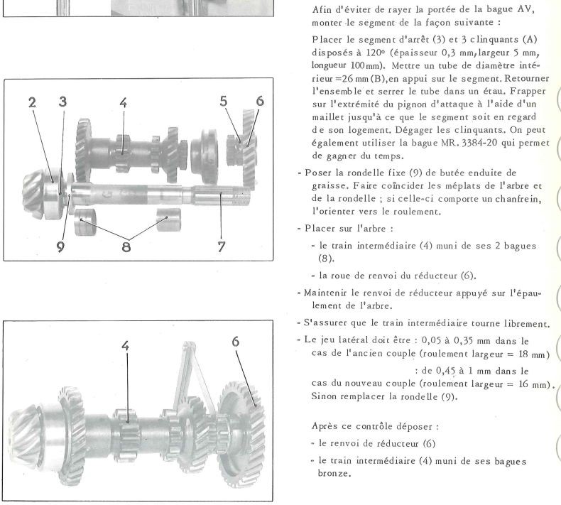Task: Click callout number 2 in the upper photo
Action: tap(32, 102)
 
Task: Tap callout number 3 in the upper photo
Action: tap(63, 102)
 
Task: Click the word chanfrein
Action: tap(513, 199)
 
